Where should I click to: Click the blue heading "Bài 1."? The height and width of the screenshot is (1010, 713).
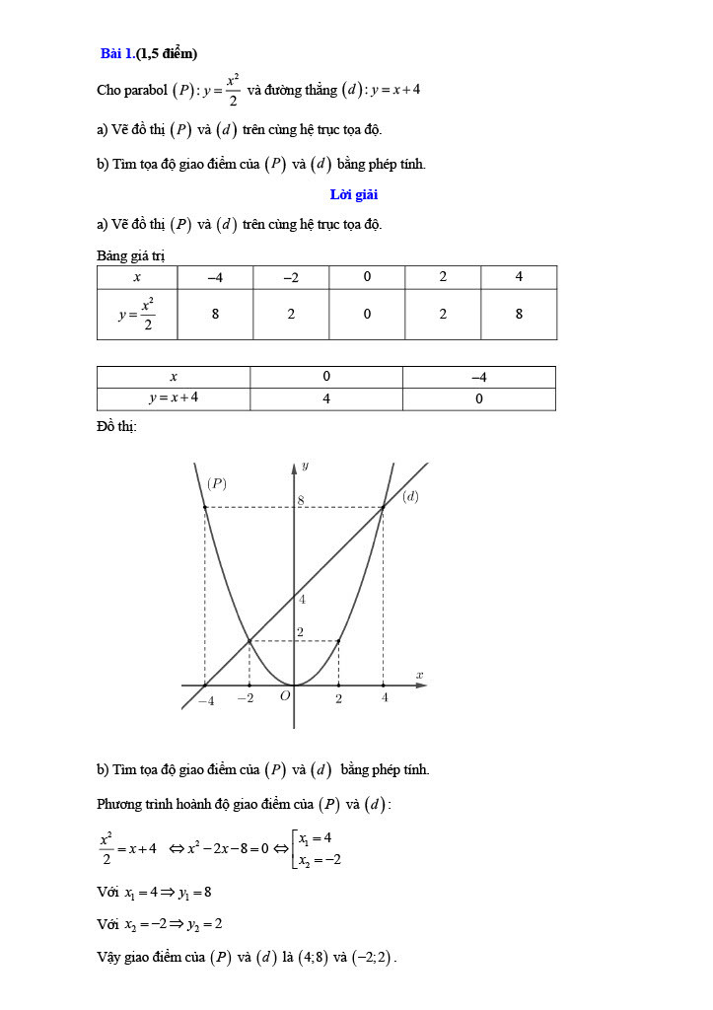[x=117, y=53]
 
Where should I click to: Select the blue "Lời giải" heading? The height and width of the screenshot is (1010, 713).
[x=354, y=194]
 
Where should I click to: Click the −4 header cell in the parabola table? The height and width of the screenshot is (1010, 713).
[x=215, y=277]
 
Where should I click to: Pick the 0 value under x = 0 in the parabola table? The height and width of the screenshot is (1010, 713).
[x=367, y=315]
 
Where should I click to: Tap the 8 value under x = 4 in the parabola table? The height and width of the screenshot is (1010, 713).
[x=519, y=315]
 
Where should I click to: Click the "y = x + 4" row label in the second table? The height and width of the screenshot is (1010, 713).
[x=174, y=398]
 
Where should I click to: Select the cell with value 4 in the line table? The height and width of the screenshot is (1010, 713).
[x=326, y=398]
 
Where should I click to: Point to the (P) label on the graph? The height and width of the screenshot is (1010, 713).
[x=217, y=483]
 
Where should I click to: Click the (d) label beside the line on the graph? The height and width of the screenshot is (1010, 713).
[x=410, y=496]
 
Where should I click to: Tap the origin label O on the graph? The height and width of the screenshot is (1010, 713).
[x=284, y=696]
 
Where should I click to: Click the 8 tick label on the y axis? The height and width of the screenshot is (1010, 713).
[x=302, y=500]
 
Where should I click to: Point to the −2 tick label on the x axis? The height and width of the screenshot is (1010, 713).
[x=246, y=698]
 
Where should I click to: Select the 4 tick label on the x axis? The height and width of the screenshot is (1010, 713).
[x=385, y=698]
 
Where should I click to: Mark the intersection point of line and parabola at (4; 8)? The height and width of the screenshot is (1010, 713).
[x=383, y=507]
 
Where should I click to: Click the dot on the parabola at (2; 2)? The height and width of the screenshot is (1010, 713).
[x=338, y=641]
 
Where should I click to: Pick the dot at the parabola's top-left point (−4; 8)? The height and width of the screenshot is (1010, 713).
[x=204, y=507]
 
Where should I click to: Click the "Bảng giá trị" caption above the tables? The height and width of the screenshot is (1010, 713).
[x=130, y=255]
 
